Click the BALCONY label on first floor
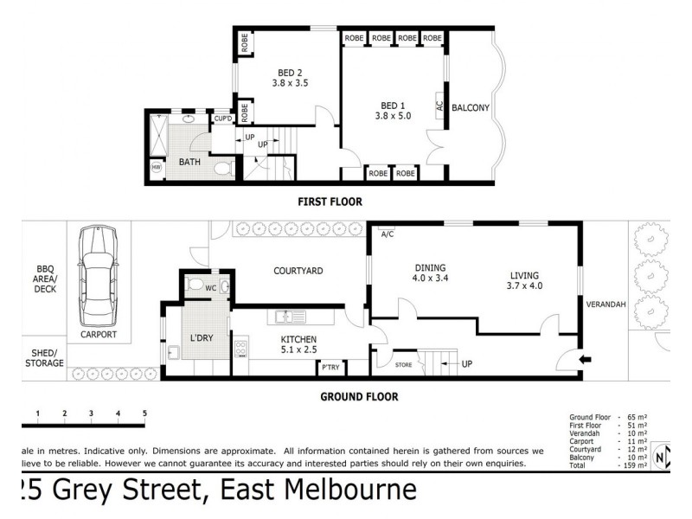(471, 108)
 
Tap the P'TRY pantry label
(330, 368)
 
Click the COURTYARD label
(298, 271)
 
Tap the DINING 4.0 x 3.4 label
(432, 273)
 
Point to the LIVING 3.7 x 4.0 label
(524, 280)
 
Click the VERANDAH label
(605, 304)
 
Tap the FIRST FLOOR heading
(330, 202)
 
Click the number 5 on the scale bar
(144, 413)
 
